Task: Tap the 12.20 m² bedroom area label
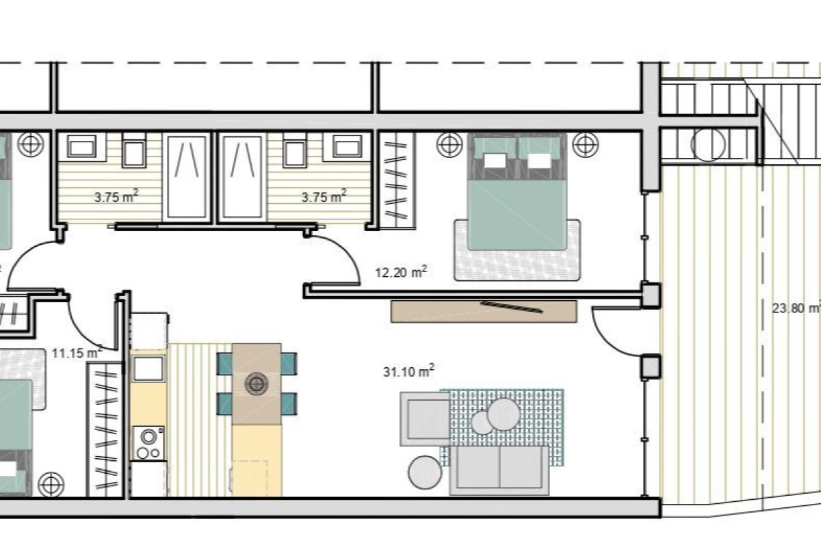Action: (x=402, y=272)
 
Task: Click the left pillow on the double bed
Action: (x=496, y=161)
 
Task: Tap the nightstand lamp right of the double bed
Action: (x=583, y=144)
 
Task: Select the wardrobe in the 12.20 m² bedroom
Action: (x=397, y=181)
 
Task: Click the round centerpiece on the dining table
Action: (x=257, y=384)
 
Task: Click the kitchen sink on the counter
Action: (x=148, y=370)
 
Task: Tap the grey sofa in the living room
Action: (x=499, y=470)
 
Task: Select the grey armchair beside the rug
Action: (x=424, y=418)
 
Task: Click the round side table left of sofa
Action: (x=426, y=472)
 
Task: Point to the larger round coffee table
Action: (x=504, y=414)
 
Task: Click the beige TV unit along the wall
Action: (x=484, y=310)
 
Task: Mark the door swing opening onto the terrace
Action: (x=616, y=332)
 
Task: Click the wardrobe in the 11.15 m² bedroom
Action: (x=104, y=429)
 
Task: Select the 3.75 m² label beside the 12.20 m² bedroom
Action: (x=324, y=198)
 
